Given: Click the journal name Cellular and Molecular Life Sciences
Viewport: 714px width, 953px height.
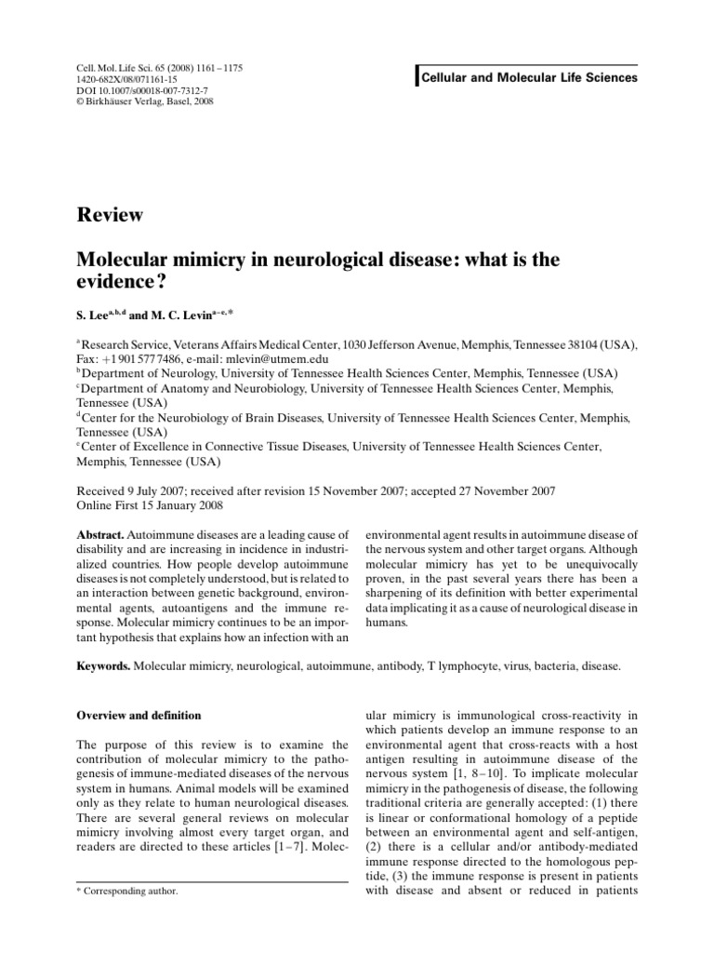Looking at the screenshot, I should click(530, 78).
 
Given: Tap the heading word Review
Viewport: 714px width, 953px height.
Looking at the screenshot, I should click(109, 216).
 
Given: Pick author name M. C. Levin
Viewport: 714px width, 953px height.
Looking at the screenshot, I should click(194, 318).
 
